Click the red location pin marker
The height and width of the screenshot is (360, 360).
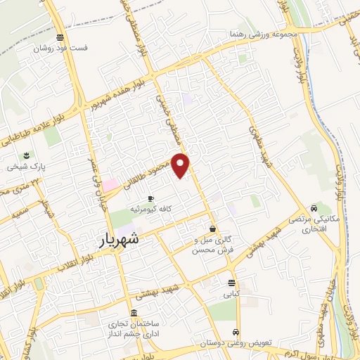pos(181,165)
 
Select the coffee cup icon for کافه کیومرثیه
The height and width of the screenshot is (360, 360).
pos(150,199)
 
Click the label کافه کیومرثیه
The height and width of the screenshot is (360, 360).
pos(150,210)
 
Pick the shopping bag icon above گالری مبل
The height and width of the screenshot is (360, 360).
pos(212,229)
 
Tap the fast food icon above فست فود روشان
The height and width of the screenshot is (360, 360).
pos(61,37)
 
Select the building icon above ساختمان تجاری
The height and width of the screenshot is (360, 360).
pos(134,314)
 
